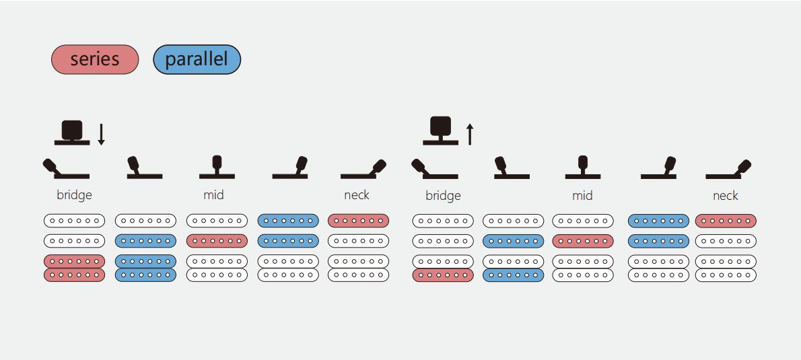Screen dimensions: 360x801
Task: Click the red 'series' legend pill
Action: click(95, 59)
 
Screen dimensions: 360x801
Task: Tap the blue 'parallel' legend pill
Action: click(197, 59)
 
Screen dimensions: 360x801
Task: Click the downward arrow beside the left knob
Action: click(102, 134)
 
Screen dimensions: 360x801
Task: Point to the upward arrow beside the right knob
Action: click(470, 134)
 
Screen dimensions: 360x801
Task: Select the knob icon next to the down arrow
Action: click(72, 132)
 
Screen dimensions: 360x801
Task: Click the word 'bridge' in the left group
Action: click(74, 195)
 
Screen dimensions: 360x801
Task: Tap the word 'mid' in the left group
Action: click(213, 195)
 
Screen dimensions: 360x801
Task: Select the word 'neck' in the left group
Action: click(357, 195)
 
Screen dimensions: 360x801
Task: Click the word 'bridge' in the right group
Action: click(443, 196)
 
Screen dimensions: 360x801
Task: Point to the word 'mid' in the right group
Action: click(582, 196)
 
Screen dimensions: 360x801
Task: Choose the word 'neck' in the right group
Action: click(726, 196)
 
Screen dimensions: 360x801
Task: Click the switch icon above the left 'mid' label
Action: click(217, 168)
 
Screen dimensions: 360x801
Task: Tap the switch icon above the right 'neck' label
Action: click(728, 169)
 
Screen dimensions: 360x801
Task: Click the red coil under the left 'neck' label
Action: click(358, 221)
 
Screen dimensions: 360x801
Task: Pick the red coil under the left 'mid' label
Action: click(217, 241)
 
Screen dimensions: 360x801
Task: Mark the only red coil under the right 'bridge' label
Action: click(443, 275)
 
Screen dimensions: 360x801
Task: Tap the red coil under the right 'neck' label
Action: click(726, 221)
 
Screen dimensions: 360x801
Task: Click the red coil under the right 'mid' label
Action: click(583, 241)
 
